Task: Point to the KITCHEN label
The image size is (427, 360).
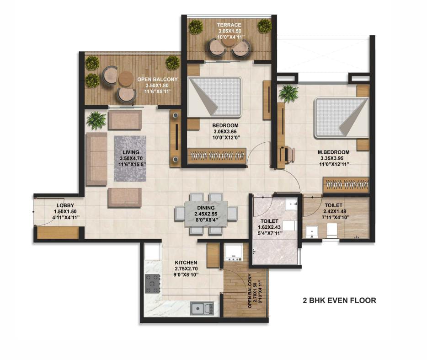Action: [186, 263]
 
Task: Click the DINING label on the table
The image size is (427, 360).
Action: [206, 207]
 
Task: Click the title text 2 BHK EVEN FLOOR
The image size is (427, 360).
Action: [339, 301]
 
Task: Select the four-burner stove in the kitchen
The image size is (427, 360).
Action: [152, 283]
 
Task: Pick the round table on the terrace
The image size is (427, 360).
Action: [230, 41]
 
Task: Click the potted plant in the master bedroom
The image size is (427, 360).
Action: [288, 93]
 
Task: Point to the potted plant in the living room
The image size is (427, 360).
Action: [96, 120]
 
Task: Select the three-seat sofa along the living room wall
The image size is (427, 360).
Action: [96, 159]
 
